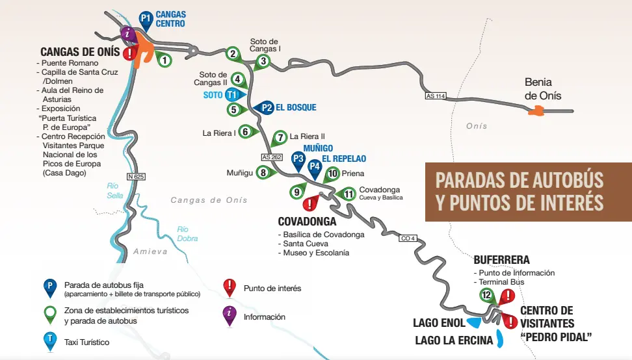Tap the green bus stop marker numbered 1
pyautogui.click(x=165, y=60)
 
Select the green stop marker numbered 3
pyautogui.click(x=263, y=62)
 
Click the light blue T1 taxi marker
pyautogui.click(x=231, y=94)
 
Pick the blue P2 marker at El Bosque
pyautogui.click(x=265, y=108)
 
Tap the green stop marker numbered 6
pyautogui.click(x=246, y=132)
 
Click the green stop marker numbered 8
pyautogui.click(x=263, y=172)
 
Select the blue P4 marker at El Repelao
pyautogui.click(x=315, y=166)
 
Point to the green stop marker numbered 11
pyautogui.click(x=349, y=194)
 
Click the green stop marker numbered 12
pyautogui.click(x=487, y=295)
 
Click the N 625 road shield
pyautogui.click(x=135, y=176)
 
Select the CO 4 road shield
pyautogui.click(x=406, y=238)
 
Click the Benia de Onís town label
pyautogui.click(x=543, y=89)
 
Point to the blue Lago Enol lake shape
pyautogui.click(x=474, y=322)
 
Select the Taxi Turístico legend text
pyautogui.click(x=86, y=342)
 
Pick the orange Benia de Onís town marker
pyautogui.click(x=536, y=111)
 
